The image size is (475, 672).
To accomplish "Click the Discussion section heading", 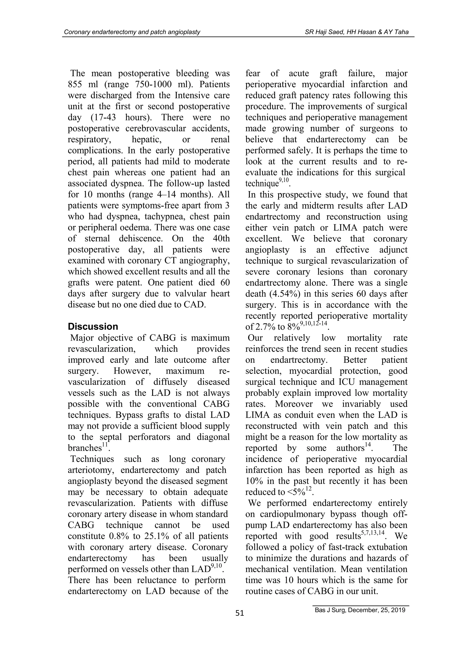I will click(x=93, y=327).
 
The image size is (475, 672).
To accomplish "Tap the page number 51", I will click(x=239, y=613).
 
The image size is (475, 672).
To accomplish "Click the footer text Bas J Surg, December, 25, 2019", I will click(x=360, y=610).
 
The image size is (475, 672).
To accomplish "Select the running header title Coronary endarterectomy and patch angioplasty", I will click(x=132, y=32).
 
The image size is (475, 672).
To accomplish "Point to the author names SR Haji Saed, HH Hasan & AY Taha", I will click(x=356, y=32).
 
